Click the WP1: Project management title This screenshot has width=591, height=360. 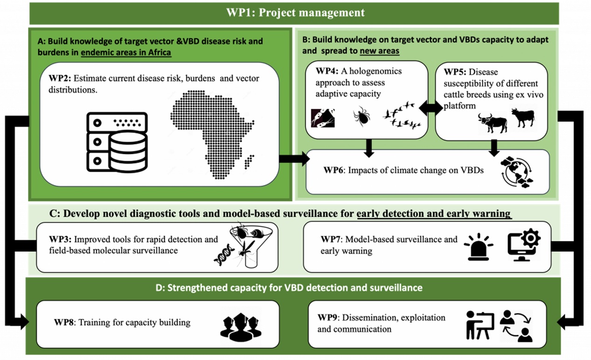point(296,13)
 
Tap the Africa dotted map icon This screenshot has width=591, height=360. point(212,135)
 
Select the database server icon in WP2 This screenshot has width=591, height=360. point(117,142)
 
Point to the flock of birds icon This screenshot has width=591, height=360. point(402,115)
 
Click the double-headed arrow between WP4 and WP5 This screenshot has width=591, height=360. point(431,108)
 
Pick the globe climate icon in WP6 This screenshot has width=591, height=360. point(517,172)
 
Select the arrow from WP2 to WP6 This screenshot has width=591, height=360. point(294,159)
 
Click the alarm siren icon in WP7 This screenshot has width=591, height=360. point(479,247)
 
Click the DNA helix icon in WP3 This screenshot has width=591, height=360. point(224,255)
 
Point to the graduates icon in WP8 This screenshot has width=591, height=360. point(241,327)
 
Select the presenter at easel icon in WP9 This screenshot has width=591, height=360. point(480,325)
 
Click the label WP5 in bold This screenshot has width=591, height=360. point(455,72)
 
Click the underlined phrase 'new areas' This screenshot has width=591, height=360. point(379,51)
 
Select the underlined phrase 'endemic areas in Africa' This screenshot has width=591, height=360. point(126,53)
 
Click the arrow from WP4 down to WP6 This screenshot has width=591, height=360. point(369,148)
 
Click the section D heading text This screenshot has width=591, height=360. point(289,287)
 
